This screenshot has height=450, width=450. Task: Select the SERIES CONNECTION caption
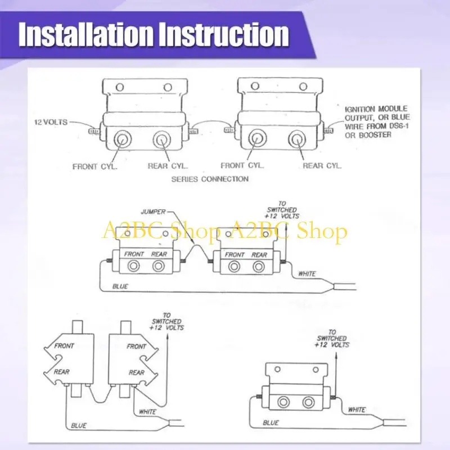pyautogui.click(x=210, y=179)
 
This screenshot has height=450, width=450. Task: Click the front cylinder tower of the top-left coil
pyautogui.click(x=121, y=138)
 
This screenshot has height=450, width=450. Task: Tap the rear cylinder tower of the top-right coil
pyautogui.click(x=296, y=138)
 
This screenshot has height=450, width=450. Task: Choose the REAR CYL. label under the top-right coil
pyautogui.click(x=322, y=166)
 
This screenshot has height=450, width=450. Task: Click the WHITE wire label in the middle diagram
pyautogui.click(x=307, y=274)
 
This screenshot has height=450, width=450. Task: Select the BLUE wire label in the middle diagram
pyautogui.click(x=120, y=286)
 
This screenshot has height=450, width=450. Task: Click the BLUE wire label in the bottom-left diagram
pyautogui.click(x=79, y=426)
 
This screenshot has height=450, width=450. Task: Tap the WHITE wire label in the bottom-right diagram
pyautogui.click(x=357, y=409)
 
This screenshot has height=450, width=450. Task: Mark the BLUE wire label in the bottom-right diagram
pyautogui.click(x=271, y=422)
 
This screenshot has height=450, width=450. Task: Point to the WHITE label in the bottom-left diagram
pyautogui.click(x=147, y=412)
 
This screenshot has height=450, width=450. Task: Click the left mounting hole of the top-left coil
pyautogui.click(x=119, y=87)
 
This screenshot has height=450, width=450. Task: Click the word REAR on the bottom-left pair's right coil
pyautogui.click(x=136, y=372)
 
